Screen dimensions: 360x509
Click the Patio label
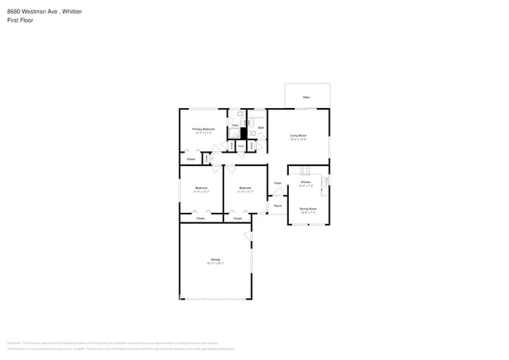point(306,98)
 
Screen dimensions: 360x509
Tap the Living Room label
point(298,136)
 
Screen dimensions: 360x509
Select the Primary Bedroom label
point(204,129)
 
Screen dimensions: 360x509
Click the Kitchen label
point(305,183)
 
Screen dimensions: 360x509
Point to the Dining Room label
point(308,209)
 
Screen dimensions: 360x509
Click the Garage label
point(215,259)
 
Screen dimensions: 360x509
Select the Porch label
point(277,206)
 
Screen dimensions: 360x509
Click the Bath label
point(261,128)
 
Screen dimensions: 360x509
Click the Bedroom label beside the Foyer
point(245,188)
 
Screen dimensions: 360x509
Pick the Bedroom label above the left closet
point(201,188)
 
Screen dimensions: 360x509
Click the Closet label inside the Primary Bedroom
point(191,159)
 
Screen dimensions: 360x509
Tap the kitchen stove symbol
point(305,171)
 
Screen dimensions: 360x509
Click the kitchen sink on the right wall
point(324,182)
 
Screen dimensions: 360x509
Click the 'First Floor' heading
point(20,20)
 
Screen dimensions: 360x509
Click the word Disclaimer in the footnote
point(15,343)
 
